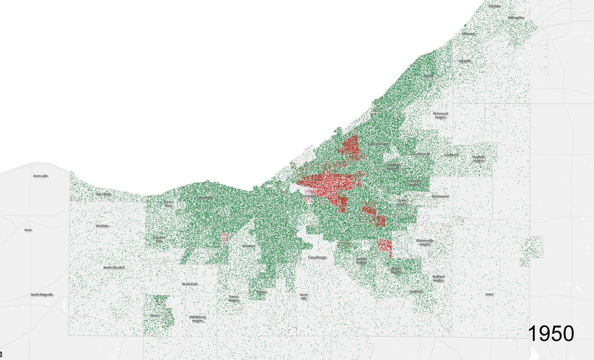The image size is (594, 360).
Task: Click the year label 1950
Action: click(551, 333)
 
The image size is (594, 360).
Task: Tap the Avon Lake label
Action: click(40, 176)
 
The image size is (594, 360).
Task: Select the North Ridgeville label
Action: click(42, 294)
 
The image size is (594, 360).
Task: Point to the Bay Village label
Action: click(104, 194)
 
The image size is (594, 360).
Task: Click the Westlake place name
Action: click(102, 226)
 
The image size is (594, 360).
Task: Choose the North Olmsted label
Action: click(114, 267)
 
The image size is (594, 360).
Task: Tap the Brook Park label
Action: click(190, 284)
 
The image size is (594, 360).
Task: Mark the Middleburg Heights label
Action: click(198, 319)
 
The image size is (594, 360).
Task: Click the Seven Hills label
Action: click(304, 296)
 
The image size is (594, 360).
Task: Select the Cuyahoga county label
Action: click(317, 257)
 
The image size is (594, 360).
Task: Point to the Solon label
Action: click(489, 294)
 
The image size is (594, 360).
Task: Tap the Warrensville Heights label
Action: click(425, 242)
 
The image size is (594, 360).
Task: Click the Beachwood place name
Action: click(440, 196)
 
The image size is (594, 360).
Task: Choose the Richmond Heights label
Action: click(440, 115)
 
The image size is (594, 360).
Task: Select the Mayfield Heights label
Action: click(478, 159)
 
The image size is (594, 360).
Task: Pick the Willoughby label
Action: click(516, 18)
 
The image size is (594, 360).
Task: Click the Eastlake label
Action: click(495, 6)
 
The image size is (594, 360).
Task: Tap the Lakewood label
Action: click(204, 197)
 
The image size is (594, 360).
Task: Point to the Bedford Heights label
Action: click(438, 278)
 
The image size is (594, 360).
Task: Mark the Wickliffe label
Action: click(465, 61)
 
